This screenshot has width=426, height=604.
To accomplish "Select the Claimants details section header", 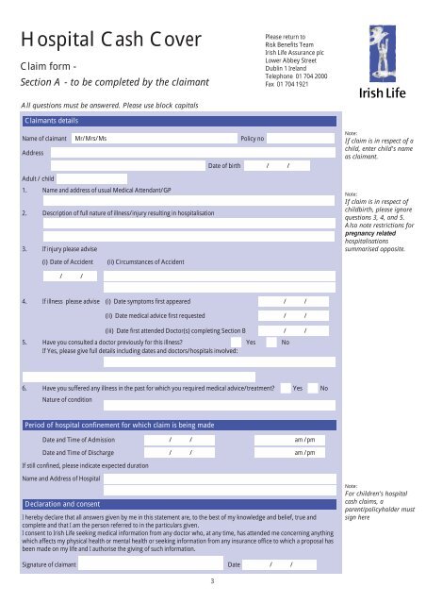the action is tap(52, 121).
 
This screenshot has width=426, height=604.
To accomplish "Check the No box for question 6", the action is tap(336, 388).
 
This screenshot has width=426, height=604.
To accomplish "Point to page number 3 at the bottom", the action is tap(213, 580).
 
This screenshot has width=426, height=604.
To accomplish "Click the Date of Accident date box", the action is tap(71, 276).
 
